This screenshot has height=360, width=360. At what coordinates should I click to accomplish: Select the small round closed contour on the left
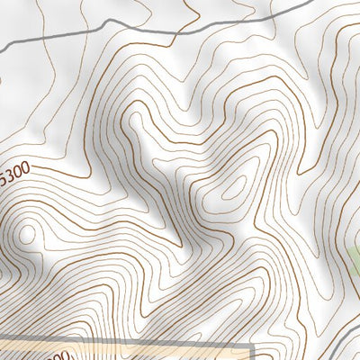coord(27,233)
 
